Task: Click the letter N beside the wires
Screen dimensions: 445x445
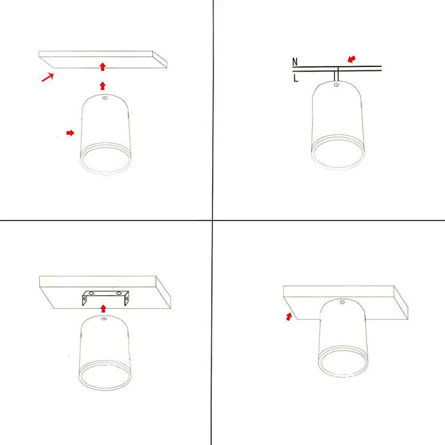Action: [x=295, y=62]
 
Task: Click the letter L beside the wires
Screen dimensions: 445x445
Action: [x=295, y=78]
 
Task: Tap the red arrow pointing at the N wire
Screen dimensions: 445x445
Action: [x=352, y=59]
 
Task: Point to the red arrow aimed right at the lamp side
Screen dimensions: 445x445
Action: [x=70, y=133]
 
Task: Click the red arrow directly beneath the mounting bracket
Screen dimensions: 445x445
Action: [x=104, y=308]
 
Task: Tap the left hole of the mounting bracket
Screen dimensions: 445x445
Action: [x=91, y=293]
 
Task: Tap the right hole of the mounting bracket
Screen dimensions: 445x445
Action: [x=118, y=293]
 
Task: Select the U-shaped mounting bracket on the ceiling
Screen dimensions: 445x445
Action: [x=105, y=298]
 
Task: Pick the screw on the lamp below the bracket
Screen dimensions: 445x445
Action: [x=104, y=318]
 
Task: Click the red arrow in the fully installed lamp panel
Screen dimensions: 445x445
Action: [x=289, y=316]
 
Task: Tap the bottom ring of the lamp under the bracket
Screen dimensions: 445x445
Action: [x=105, y=376]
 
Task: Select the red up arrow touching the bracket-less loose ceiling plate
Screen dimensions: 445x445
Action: [x=103, y=67]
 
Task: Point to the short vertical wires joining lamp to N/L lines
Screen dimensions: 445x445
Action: [x=337, y=76]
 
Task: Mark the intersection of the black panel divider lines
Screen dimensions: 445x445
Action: [x=213, y=220]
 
